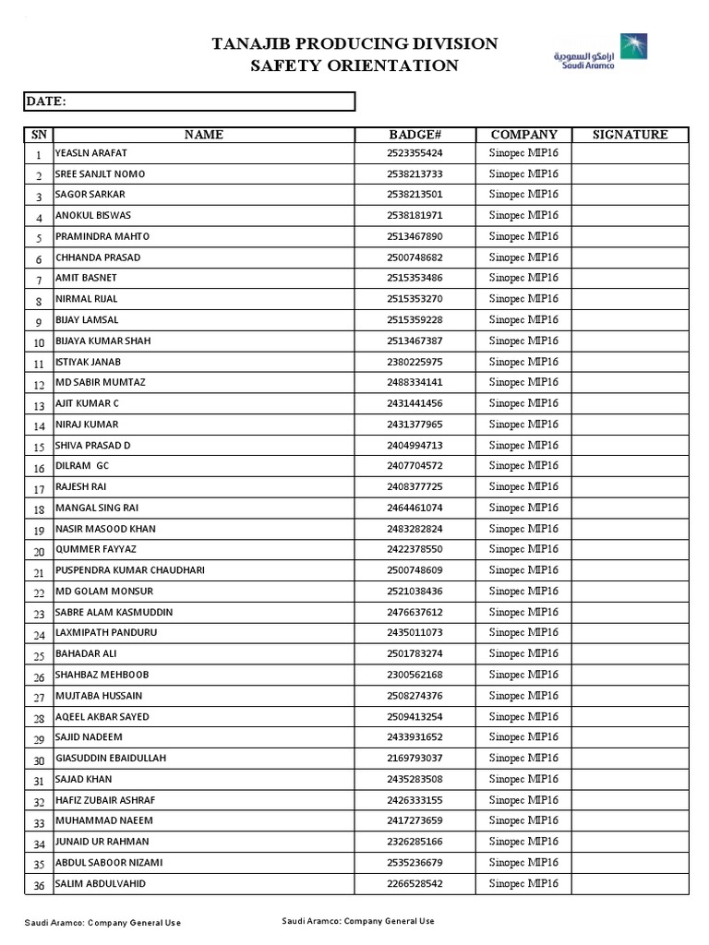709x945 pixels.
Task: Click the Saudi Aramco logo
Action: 601,51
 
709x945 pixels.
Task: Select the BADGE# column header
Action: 415,135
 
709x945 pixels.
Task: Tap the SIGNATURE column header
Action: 630,135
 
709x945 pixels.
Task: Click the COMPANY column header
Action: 523,135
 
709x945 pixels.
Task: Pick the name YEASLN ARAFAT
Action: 91,153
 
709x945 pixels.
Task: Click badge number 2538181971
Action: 415,216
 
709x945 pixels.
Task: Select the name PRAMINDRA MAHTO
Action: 102,236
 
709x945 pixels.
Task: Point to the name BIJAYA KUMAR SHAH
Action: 103,341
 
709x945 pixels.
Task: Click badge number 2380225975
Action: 415,362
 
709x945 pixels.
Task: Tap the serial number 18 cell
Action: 39,509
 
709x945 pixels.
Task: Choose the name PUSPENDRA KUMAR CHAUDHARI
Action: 130,570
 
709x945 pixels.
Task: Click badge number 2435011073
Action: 415,633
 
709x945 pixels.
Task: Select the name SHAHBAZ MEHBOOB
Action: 102,675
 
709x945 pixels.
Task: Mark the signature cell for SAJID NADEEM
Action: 630,737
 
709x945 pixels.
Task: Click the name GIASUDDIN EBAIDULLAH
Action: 112,759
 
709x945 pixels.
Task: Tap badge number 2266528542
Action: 415,883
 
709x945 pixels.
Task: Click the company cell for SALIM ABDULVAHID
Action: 523,883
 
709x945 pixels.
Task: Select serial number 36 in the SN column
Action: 39,885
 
